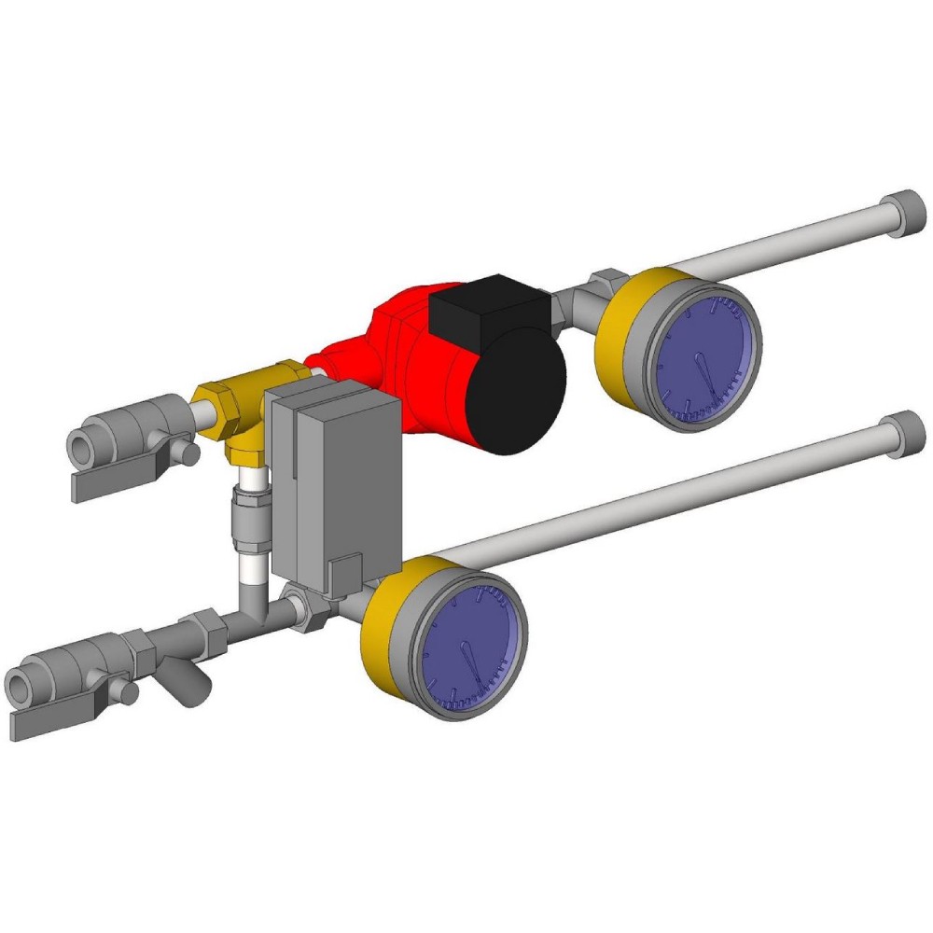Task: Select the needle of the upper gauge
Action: pyautogui.click(x=704, y=373)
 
